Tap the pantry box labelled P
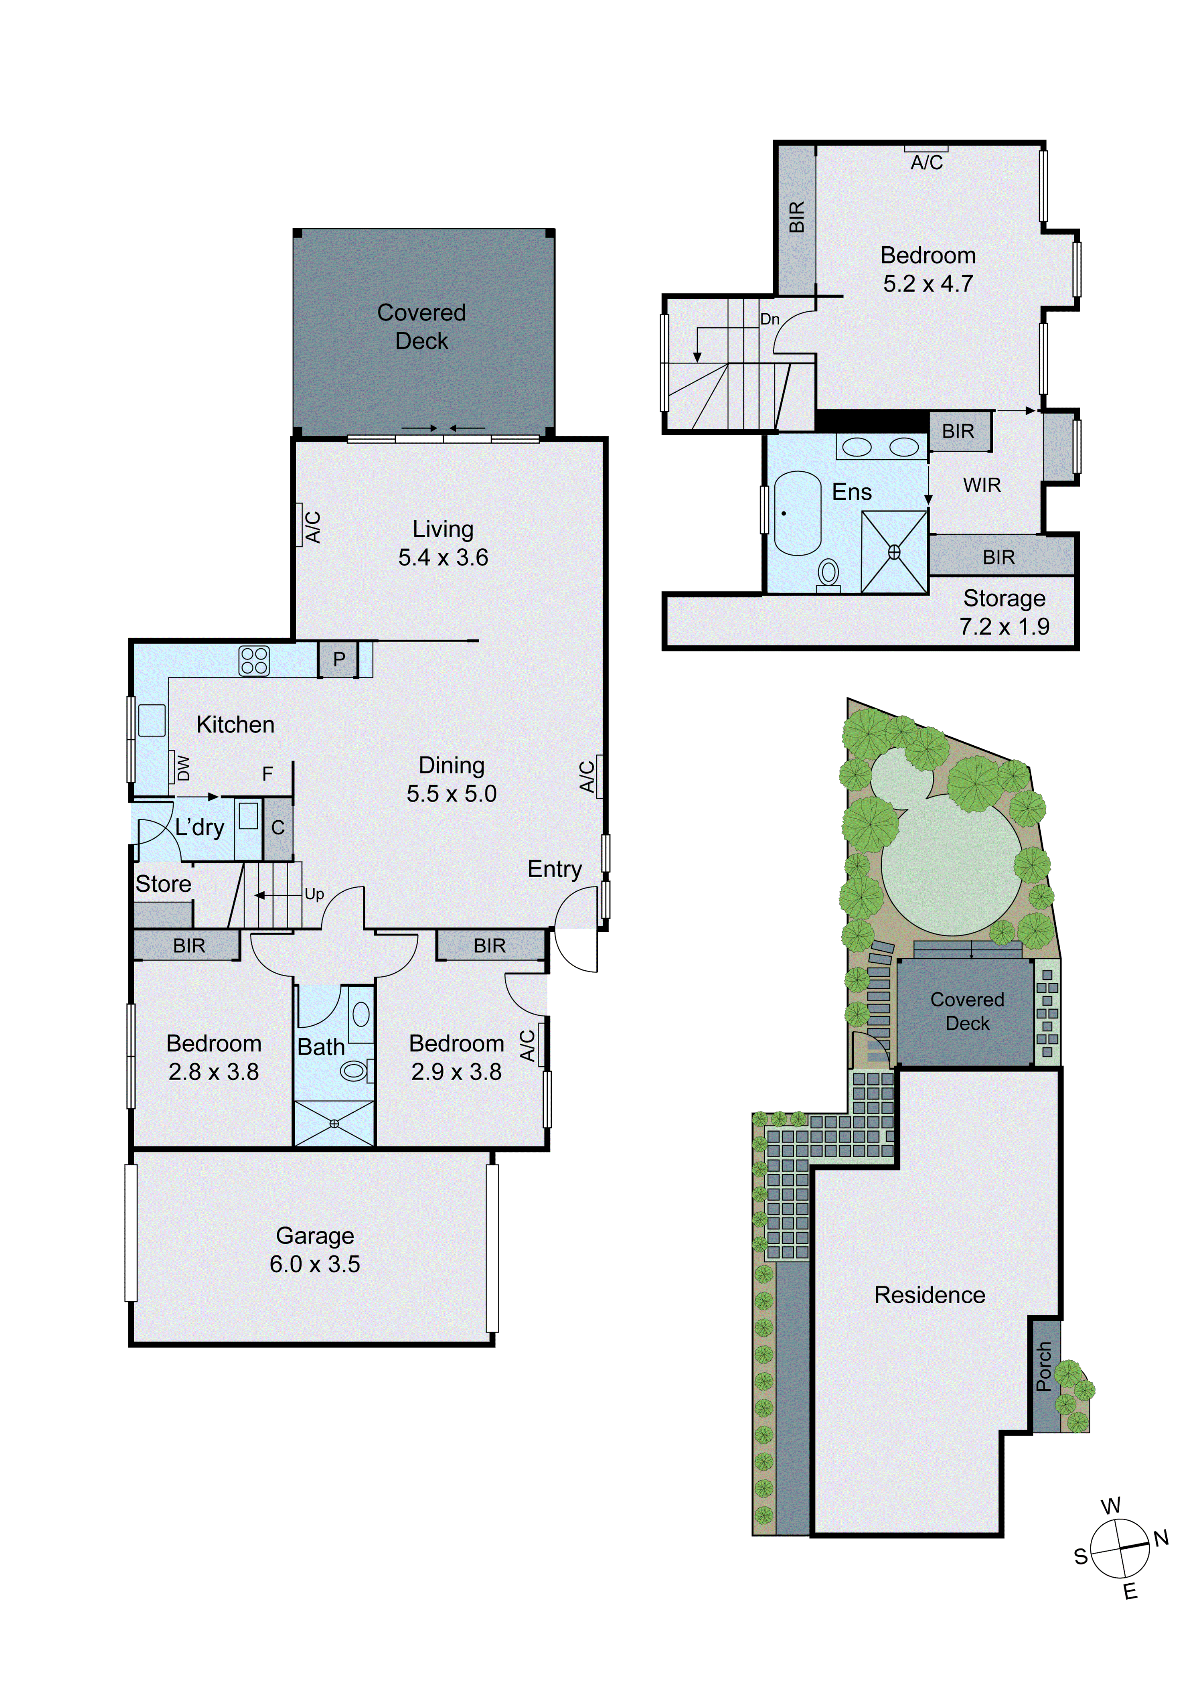coord(339,659)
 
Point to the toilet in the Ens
coord(828,574)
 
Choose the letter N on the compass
coord(1161,1538)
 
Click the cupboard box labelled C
coord(278,828)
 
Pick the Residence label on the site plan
coord(930,1294)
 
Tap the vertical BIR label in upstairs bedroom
coord(797,217)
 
